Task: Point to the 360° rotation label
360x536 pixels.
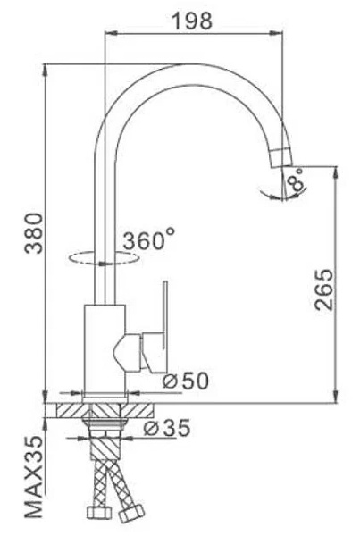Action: point(148,241)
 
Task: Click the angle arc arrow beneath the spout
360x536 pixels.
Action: point(273,191)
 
